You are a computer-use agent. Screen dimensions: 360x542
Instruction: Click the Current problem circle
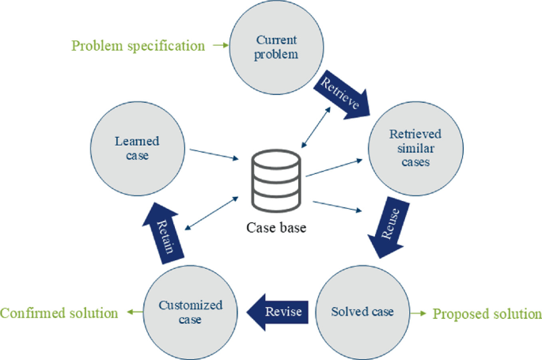point(277,47)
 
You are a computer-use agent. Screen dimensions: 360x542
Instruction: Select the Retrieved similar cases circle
point(415,146)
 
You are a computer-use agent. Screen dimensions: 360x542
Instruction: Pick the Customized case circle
point(191,312)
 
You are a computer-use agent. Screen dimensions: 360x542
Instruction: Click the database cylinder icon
point(275,180)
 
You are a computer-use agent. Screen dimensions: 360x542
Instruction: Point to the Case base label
point(275,229)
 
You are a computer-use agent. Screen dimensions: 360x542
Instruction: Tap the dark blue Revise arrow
point(276,312)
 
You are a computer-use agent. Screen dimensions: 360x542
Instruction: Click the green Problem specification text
point(138,46)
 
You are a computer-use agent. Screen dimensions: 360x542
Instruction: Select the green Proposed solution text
point(487,314)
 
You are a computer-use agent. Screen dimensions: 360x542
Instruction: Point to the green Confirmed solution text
point(59,313)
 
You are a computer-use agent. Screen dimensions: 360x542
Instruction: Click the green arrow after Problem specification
point(219,46)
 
